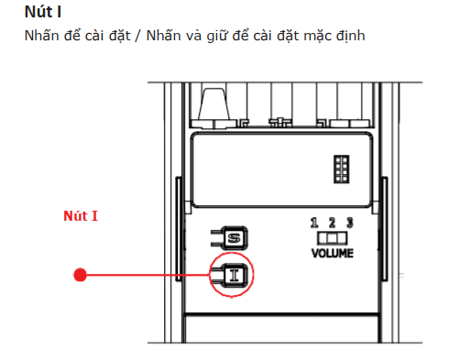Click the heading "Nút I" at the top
pos(43,12)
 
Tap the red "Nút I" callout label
pos(81,216)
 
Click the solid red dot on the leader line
pos(80,275)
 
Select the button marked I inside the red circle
pos(235,276)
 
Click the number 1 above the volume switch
pos(314,223)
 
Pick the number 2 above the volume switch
pos(332,223)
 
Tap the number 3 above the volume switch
pos(350,223)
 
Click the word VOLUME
pos(333,253)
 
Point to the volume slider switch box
pos(333,238)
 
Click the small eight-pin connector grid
pos(342,169)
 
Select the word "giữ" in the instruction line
pos(217,36)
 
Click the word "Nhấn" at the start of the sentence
pos(41,36)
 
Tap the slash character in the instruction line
pos(138,36)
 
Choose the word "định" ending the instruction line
pos(351,36)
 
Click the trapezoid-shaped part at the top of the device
pos(214,104)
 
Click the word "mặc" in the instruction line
pos(317,37)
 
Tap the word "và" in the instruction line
pos(193,36)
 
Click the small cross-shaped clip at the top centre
pos(280,122)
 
